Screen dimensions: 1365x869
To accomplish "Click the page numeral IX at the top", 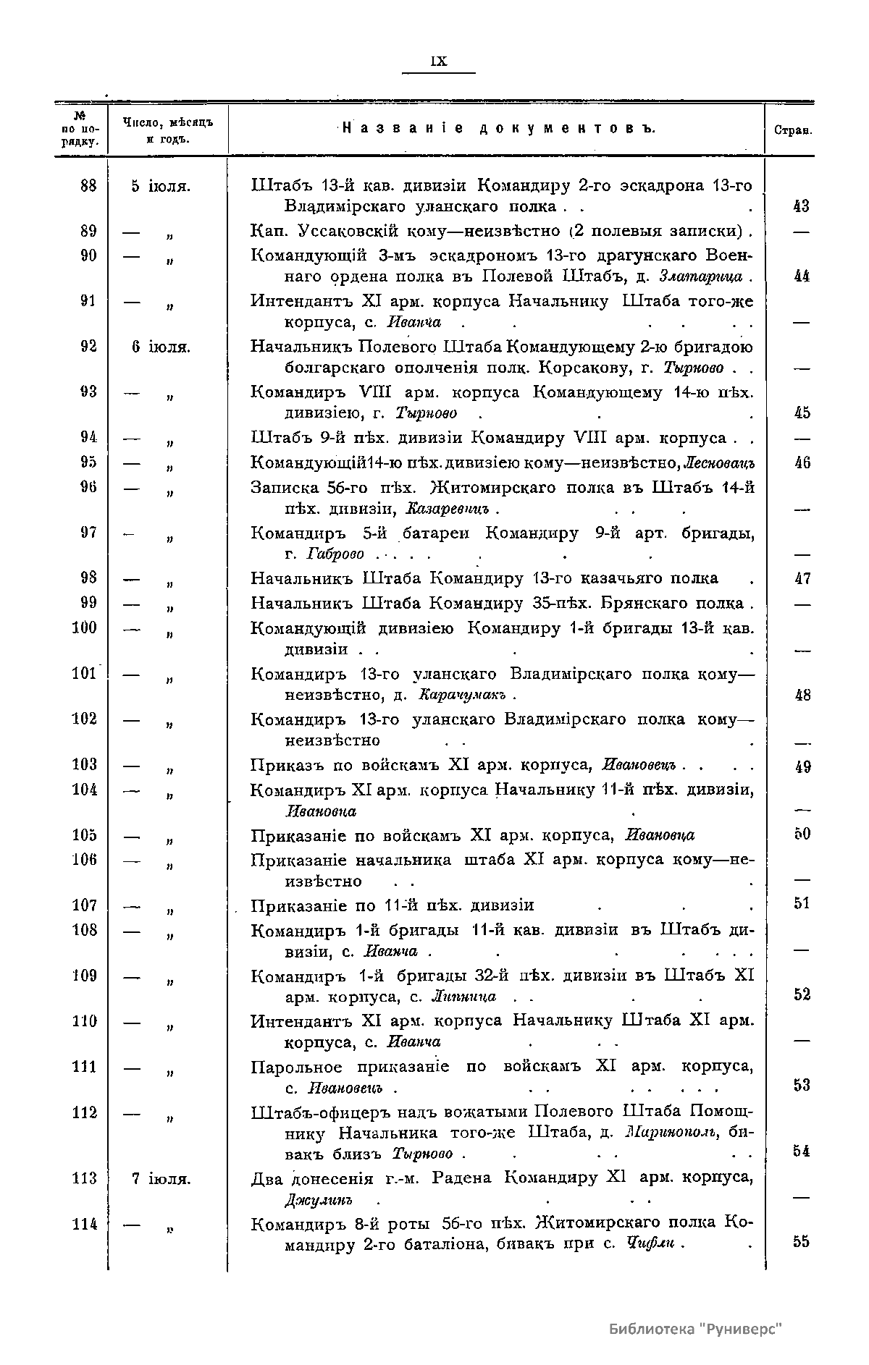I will [x=439, y=62].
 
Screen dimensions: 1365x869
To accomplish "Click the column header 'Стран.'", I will [x=792, y=132].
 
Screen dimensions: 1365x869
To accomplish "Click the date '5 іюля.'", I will [x=161, y=186].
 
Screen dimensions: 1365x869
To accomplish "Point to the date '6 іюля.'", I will [x=161, y=347].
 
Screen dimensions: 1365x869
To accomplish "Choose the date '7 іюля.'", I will [x=161, y=1179].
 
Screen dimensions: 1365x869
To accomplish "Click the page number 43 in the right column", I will [x=801, y=207].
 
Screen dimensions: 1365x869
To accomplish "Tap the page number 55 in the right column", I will [x=801, y=1242].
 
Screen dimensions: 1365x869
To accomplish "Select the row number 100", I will [x=85, y=627].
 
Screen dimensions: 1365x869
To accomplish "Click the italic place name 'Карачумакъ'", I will [x=463, y=696].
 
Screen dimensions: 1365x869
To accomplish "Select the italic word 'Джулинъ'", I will [x=319, y=1201].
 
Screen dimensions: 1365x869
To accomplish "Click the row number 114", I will [x=85, y=1224].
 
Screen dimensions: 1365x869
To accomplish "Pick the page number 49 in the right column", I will [x=801, y=767].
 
